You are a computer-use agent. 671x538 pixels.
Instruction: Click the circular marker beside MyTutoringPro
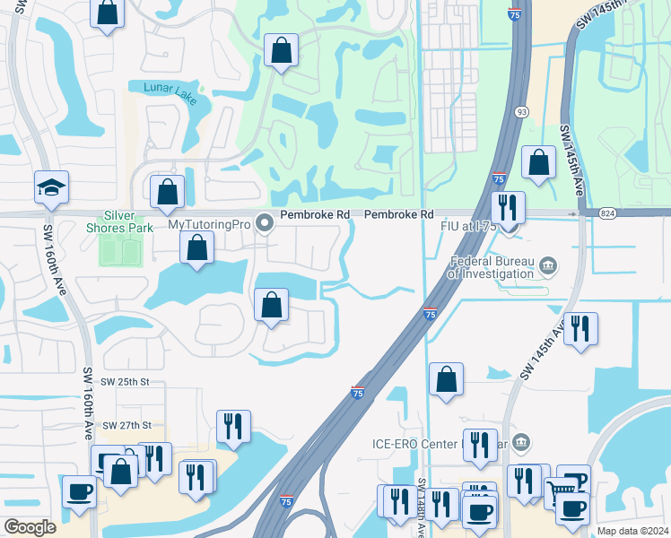pos(264,224)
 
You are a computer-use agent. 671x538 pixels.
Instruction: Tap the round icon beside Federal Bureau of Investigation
pos(548,265)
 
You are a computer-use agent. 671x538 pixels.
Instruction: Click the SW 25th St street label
pos(124,382)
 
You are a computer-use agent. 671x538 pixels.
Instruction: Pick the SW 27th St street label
pos(127,425)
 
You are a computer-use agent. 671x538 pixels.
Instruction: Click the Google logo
pos(30,527)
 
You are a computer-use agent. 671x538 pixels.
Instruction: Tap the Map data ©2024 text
pos(632,531)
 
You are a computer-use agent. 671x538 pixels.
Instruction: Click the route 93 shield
pos(521,112)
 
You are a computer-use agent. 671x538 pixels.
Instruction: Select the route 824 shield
pos(606,213)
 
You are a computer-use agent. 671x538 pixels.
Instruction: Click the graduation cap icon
pos(51,187)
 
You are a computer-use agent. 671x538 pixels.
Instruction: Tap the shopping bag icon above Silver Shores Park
pos(167,191)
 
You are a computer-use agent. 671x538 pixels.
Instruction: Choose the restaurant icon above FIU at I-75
pos(509,207)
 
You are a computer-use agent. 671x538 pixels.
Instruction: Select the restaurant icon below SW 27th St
pos(233,426)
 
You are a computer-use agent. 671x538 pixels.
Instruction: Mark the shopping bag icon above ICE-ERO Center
pos(446,379)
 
